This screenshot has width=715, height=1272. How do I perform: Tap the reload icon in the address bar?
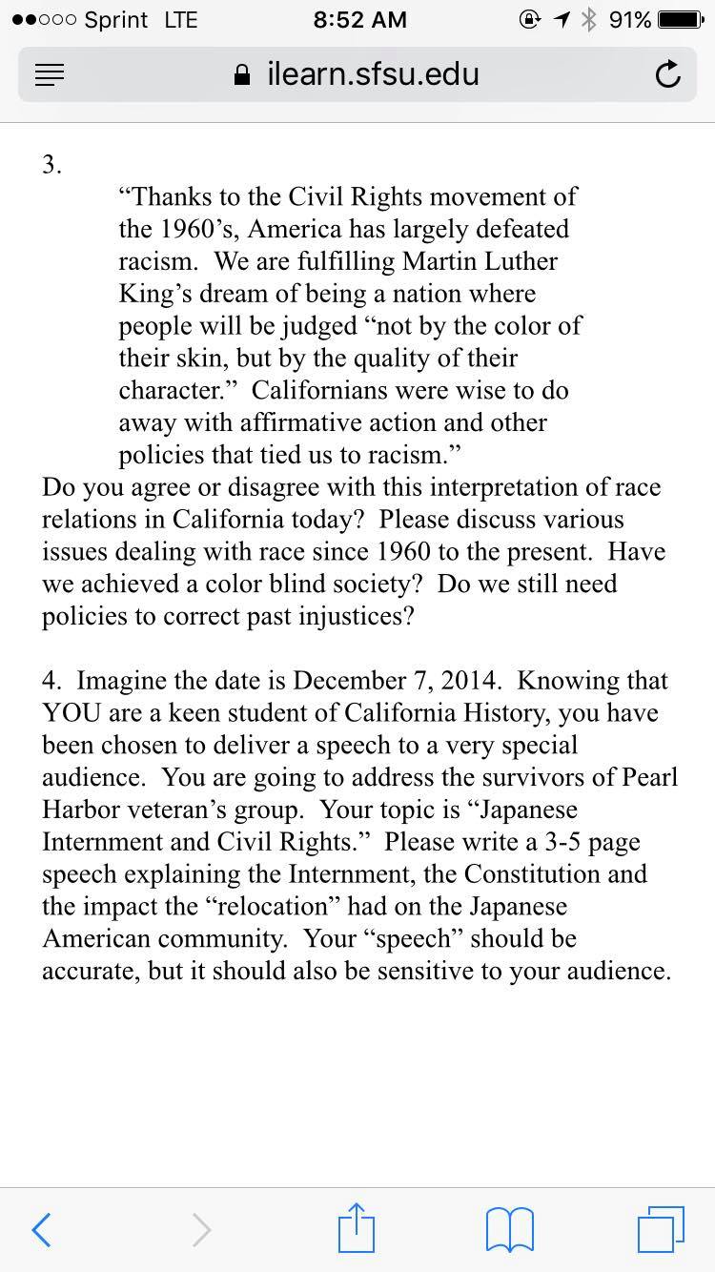pyautogui.click(x=668, y=74)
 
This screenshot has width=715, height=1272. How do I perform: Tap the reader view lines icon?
pyautogui.click(x=50, y=75)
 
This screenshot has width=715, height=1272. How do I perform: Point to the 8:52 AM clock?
pyautogui.click(x=358, y=20)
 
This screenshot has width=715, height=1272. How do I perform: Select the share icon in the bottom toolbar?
pyautogui.click(x=357, y=1227)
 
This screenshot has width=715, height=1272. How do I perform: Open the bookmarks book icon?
pyautogui.click(x=509, y=1229)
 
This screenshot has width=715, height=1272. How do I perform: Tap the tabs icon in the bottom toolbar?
pyautogui.click(x=660, y=1229)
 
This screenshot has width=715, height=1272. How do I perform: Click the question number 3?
pyautogui.click(x=51, y=165)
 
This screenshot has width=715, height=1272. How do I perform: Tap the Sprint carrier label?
pyautogui.click(x=116, y=20)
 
